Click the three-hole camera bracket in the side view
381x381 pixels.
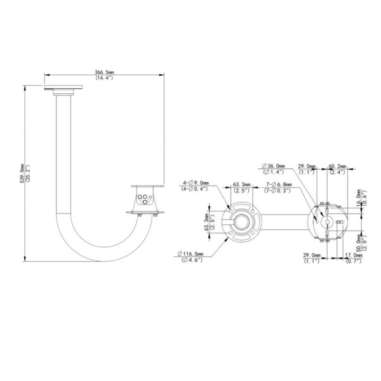point(145,197)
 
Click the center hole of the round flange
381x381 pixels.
point(241,220)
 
